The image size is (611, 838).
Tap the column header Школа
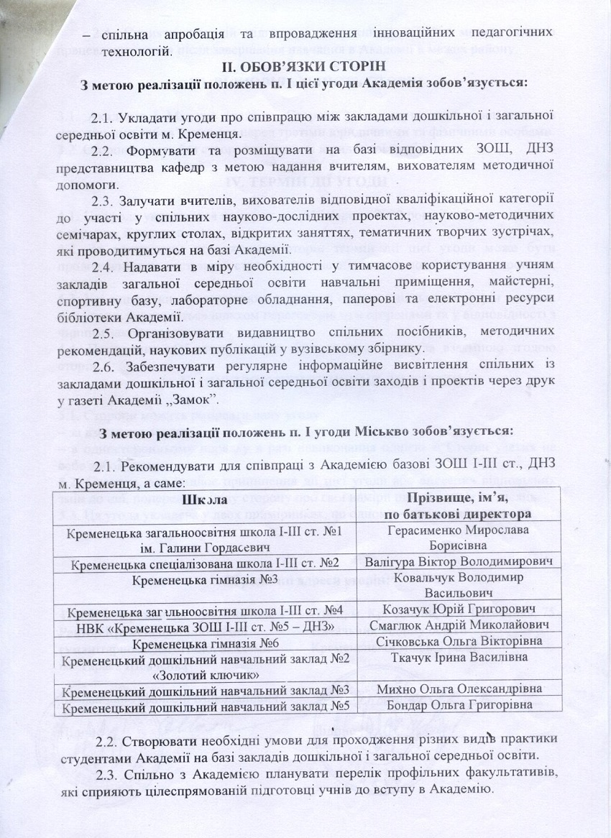(x=214, y=499)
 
